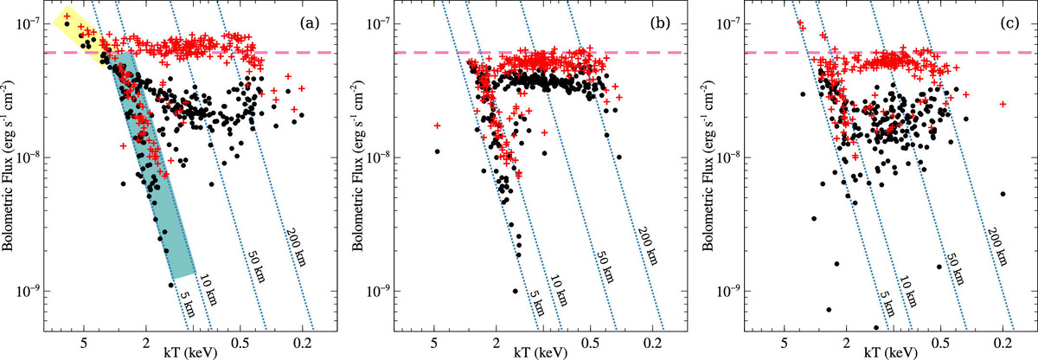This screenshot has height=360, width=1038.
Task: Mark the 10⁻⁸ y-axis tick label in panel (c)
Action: tap(724, 157)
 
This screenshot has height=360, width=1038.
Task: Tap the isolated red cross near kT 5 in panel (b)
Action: tap(438, 126)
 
